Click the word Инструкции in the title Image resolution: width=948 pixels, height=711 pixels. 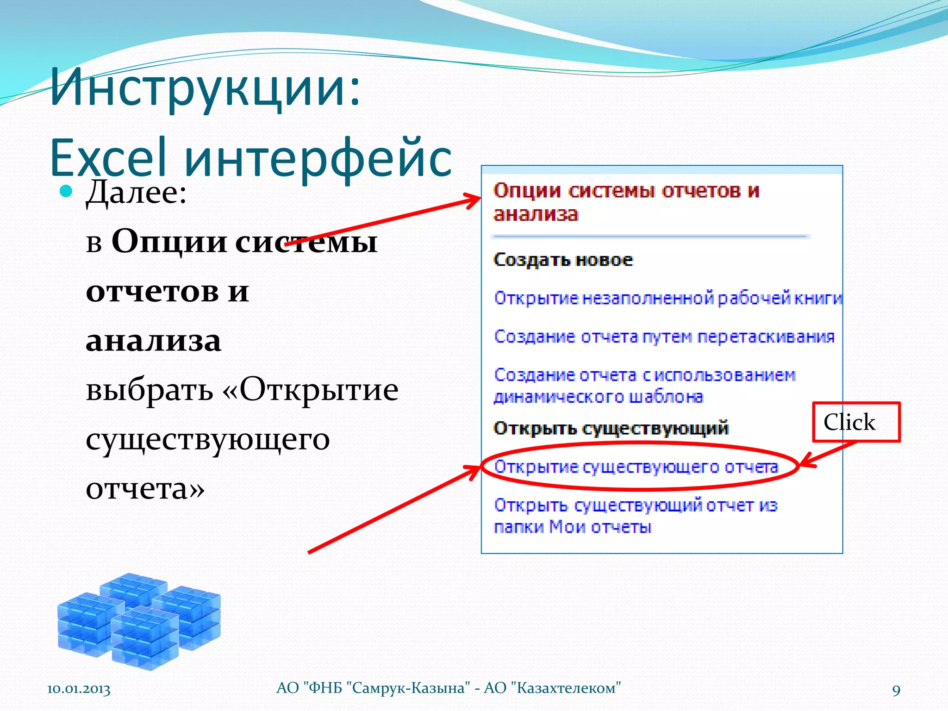pos(204,88)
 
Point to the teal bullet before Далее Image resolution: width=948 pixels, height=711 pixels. pos(67,191)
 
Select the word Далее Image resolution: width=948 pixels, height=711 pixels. pos(136,192)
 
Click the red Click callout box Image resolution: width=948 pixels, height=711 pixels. pos(856,422)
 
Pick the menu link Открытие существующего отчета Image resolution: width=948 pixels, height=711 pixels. pos(636,467)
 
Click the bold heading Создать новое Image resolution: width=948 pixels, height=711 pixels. pos(563,260)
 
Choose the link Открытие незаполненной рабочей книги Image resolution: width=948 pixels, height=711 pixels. pos(667,298)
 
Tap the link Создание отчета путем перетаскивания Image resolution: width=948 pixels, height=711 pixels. pos(664,337)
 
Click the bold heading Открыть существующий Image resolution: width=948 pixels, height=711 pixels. pos(611,428)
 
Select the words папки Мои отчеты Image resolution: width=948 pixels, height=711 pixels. pos(572,527)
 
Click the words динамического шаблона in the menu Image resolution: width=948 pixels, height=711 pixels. pos(598,397)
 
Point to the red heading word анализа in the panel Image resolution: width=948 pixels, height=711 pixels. pos(536,214)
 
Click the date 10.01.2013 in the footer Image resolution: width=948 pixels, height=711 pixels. pos(79,689)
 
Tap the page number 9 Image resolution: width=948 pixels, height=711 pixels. pos(896,690)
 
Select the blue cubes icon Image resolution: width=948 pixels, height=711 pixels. pos(139,620)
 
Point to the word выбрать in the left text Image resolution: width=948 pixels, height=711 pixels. pos(149,390)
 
